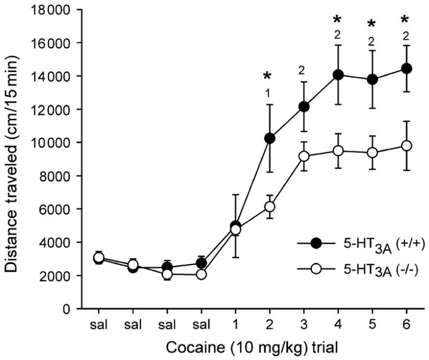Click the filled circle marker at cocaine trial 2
point(270,138)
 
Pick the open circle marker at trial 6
point(406,146)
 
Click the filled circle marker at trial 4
point(338,74)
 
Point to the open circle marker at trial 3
point(304,156)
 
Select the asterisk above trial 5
point(372,24)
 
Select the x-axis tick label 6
point(406,325)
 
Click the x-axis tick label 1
point(235,325)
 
